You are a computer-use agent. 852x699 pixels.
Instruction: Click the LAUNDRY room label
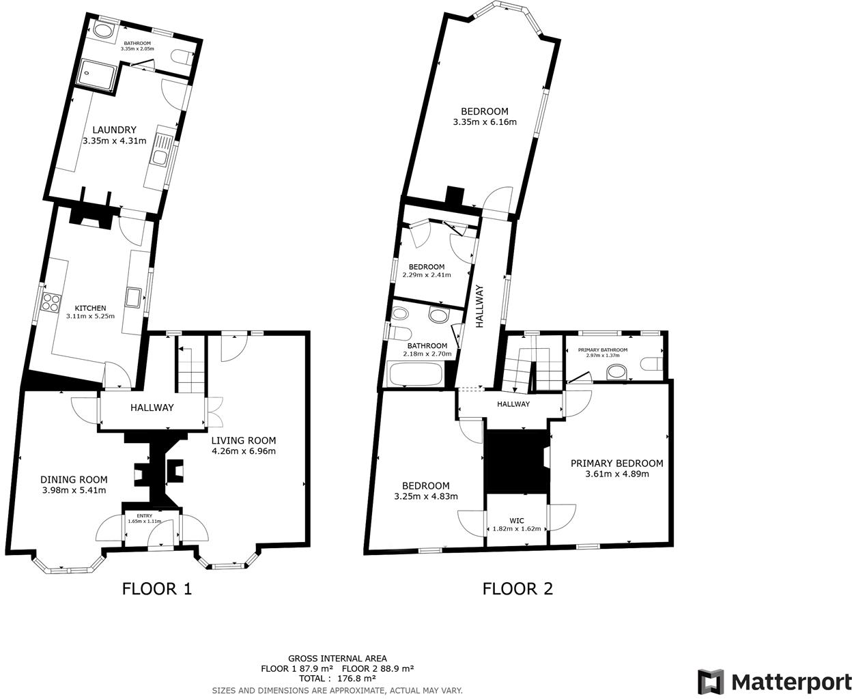click(x=114, y=130)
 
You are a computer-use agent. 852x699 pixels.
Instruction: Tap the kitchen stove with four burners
click(x=51, y=302)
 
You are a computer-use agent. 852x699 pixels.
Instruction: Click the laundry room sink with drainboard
click(x=160, y=151)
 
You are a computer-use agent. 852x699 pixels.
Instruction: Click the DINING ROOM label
click(x=74, y=479)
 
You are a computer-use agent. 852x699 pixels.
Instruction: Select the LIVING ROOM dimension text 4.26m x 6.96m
click(x=243, y=451)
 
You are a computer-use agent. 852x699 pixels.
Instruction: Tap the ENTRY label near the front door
click(x=145, y=515)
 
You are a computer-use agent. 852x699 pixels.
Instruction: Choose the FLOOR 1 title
click(x=157, y=588)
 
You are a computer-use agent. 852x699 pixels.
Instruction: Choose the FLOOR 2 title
click(x=517, y=588)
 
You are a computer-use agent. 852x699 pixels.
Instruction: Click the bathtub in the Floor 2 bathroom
click(x=415, y=374)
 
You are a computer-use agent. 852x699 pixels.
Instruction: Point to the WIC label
click(x=517, y=520)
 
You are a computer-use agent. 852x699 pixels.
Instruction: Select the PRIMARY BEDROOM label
click(x=616, y=463)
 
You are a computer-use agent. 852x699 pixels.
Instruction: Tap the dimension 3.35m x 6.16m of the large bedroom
click(x=484, y=122)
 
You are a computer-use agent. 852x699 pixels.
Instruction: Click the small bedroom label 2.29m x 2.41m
click(x=427, y=275)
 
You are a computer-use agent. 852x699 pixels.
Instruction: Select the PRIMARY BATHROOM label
click(x=602, y=350)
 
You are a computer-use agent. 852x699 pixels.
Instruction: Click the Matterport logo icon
click(x=710, y=681)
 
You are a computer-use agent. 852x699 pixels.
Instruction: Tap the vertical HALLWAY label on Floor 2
click(x=479, y=306)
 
